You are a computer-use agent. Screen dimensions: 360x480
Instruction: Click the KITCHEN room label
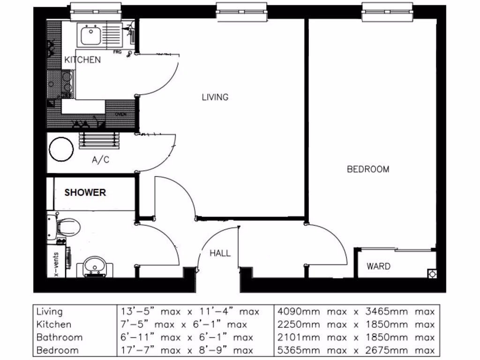click(82, 60)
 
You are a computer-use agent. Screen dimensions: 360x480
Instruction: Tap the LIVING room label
click(215, 97)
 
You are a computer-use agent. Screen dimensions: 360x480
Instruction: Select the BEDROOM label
click(368, 169)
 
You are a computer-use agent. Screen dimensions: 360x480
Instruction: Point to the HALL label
click(220, 253)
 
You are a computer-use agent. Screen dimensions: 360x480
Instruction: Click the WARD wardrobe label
click(378, 266)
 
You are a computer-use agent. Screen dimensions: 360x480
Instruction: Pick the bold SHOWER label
click(85, 193)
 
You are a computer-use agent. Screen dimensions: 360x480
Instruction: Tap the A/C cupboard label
click(100, 160)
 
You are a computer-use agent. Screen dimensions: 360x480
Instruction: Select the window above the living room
click(241, 12)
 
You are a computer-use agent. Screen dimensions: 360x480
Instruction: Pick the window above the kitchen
click(96, 12)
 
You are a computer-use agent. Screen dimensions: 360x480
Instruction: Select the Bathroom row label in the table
click(60, 337)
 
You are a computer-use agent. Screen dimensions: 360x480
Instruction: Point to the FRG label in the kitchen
click(117, 52)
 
